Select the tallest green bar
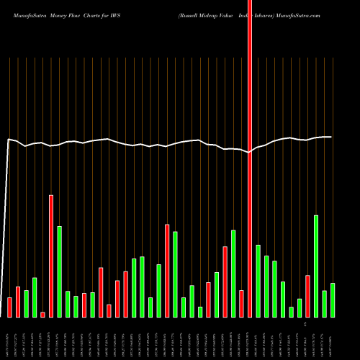coord(316,266)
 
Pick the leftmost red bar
coord(9,307)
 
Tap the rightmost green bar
coord(333,300)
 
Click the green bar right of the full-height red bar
coord(258,281)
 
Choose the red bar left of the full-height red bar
coord(241,303)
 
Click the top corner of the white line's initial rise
coord(9,140)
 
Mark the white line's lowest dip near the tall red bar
coord(248,153)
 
